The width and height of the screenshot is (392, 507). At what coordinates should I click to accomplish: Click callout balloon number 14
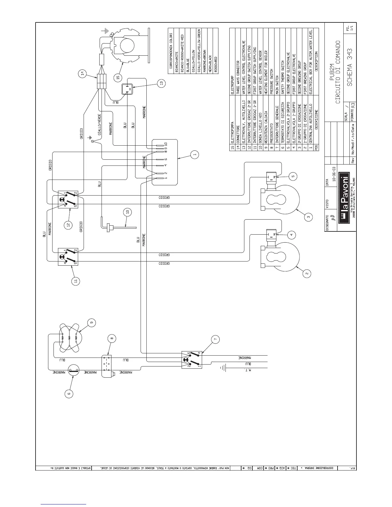[x=82, y=74]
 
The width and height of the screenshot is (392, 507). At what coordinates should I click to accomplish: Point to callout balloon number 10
[x=127, y=212]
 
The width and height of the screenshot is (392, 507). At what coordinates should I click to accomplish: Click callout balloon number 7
[x=216, y=339]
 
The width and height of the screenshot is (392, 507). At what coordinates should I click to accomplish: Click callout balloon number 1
[x=194, y=155]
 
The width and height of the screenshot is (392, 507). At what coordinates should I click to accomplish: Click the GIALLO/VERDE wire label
[x=100, y=125]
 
